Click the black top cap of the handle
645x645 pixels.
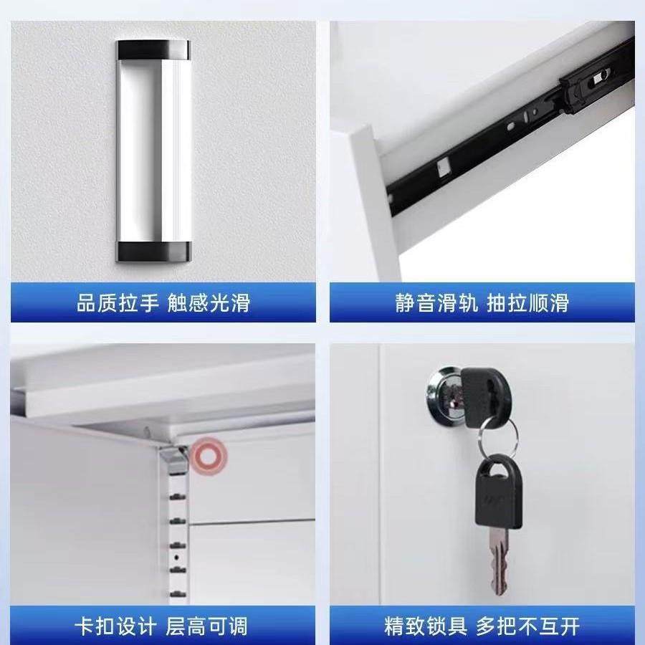click(x=154, y=49)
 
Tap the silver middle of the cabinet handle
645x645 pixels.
click(x=154, y=150)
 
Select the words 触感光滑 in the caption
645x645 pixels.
click(x=209, y=303)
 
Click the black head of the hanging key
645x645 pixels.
click(x=495, y=495)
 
